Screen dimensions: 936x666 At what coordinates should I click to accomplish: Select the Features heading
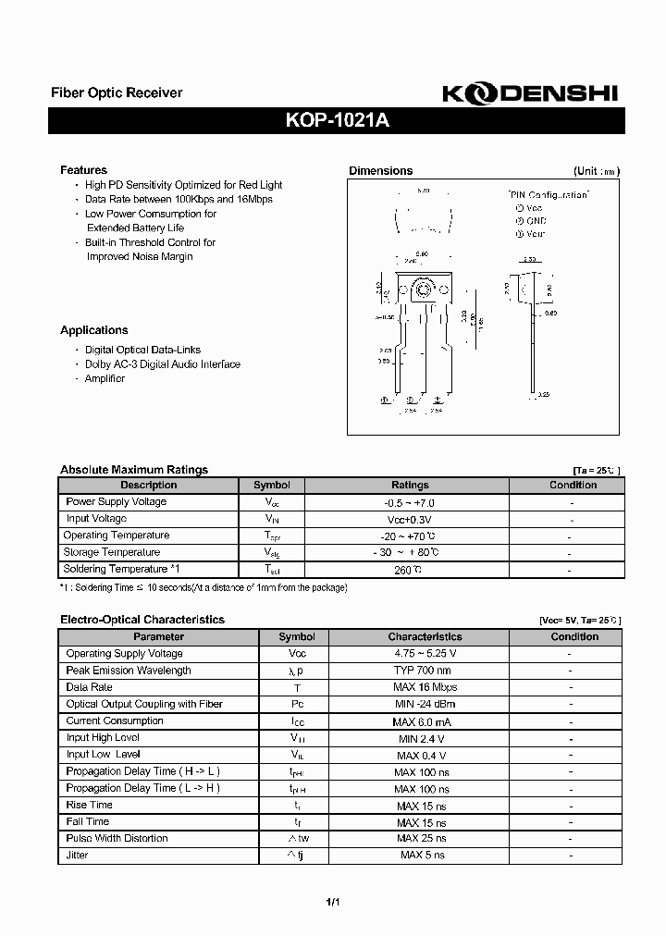pyautogui.click(x=83, y=170)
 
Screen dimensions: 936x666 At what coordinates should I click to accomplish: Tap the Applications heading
pyautogui.click(x=93, y=330)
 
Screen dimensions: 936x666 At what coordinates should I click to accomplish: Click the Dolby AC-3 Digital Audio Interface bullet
pyautogui.click(x=162, y=364)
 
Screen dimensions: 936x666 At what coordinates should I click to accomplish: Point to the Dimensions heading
pyautogui.click(x=380, y=171)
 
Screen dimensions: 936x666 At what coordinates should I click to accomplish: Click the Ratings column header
pyautogui.click(x=410, y=485)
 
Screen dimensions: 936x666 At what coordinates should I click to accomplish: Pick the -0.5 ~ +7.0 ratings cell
pyautogui.click(x=409, y=502)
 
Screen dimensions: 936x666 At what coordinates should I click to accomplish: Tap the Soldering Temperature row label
pyautogui.click(x=116, y=569)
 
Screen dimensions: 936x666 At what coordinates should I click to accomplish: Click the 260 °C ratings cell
pyautogui.click(x=409, y=570)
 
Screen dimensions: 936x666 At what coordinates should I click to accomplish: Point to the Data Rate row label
pyautogui.click(x=89, y=687)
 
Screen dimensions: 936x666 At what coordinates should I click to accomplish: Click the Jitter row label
pyautogui.click(x=77, y=856)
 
